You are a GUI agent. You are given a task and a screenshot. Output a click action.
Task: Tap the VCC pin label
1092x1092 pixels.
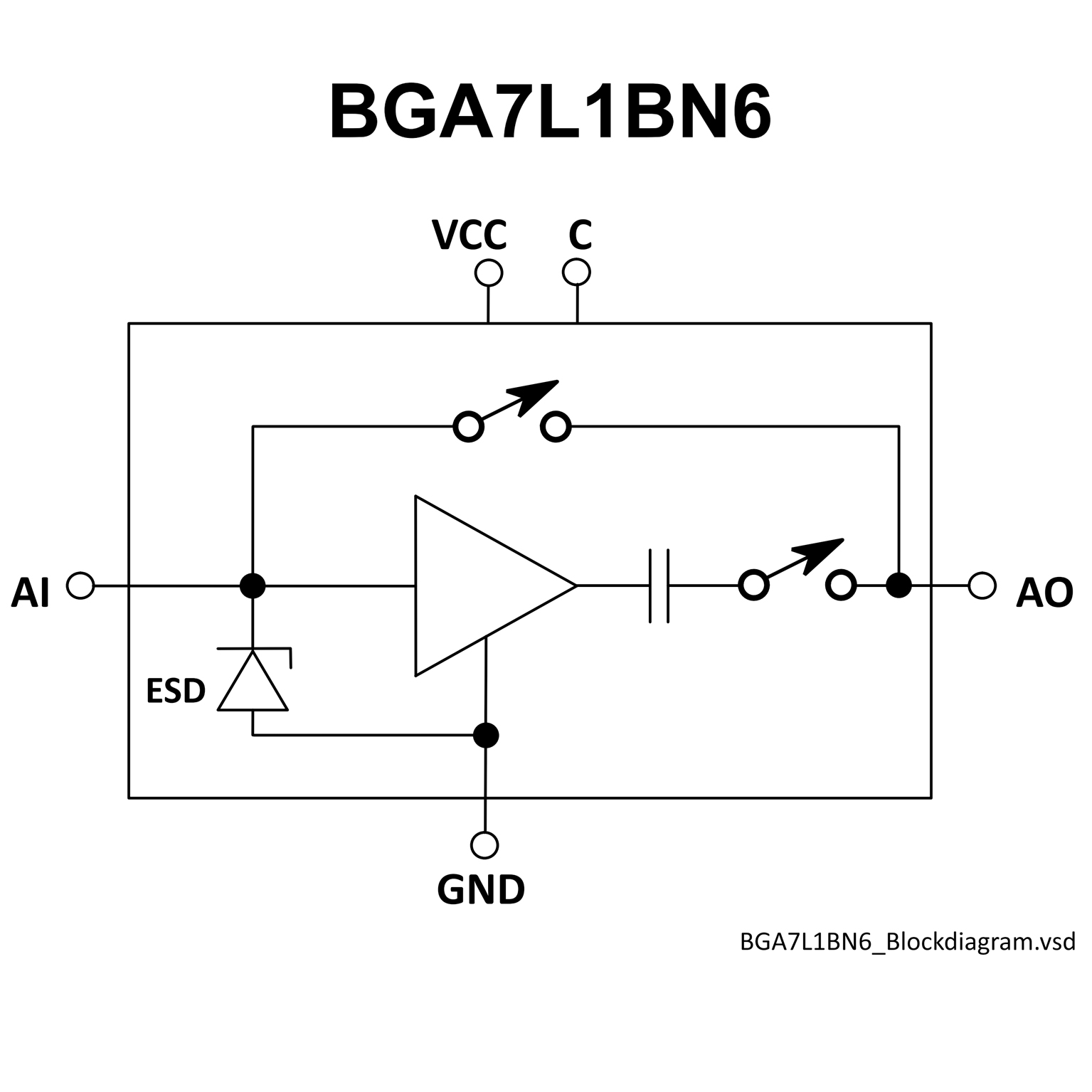470,235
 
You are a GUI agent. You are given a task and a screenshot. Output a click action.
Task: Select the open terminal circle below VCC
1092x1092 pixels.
489,272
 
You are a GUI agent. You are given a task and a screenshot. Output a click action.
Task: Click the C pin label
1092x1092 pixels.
580,235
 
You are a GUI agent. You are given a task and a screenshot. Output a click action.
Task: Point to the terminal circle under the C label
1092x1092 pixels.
576,272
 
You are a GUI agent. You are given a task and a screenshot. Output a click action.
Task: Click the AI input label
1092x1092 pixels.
31,593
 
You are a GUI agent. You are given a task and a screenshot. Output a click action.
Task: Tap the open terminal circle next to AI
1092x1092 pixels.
80,585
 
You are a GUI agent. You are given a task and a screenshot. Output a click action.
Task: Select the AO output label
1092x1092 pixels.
1044,593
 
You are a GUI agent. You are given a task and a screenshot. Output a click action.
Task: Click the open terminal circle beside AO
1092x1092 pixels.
982,585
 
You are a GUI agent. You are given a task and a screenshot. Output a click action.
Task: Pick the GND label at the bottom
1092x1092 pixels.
481,889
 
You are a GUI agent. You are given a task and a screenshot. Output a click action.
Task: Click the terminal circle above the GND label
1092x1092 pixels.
484,845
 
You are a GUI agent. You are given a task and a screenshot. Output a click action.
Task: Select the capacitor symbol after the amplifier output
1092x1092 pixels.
659,585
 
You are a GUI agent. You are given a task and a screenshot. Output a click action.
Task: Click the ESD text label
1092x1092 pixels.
176,691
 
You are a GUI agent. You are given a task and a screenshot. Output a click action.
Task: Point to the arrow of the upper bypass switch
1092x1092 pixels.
537,396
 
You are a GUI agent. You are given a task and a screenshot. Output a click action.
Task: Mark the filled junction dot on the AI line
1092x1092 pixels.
253,585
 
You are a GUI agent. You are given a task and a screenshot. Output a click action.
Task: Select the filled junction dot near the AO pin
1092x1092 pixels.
898,585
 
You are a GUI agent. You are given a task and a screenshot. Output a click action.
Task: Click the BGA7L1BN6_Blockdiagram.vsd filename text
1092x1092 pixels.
907,941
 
